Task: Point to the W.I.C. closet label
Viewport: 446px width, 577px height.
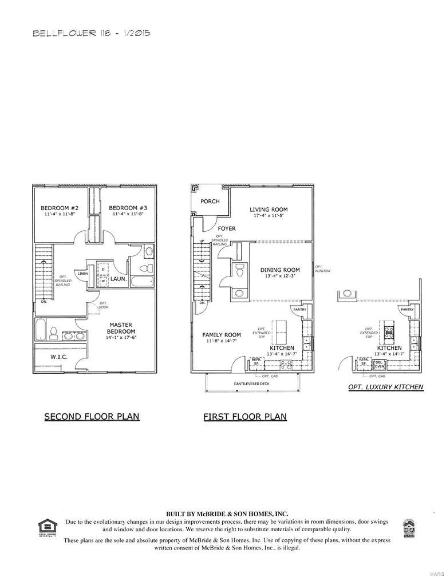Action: (59, 357)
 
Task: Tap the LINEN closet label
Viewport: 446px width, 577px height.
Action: (82, 274)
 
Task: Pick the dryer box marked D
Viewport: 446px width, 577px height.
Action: (104, 272)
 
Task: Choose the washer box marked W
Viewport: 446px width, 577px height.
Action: (104, 281)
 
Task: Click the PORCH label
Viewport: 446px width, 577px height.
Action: (210, 201)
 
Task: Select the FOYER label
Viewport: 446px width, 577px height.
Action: (227, 228)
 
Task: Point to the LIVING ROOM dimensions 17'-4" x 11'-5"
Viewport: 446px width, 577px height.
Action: (269, 216)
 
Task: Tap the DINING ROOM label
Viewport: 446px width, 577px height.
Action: (280, 270)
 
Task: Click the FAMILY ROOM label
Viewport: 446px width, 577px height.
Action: (222, 335)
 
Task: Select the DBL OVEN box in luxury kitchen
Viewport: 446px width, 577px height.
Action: (379, 364)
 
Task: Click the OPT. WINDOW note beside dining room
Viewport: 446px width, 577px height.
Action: (322, 268)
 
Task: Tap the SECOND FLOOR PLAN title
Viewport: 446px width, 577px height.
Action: (92, 417)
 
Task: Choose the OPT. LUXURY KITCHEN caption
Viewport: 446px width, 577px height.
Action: (385, 387)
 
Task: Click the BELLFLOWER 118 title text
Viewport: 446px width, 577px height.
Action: (91, 34)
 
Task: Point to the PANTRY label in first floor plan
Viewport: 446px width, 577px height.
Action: (299, 310)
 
